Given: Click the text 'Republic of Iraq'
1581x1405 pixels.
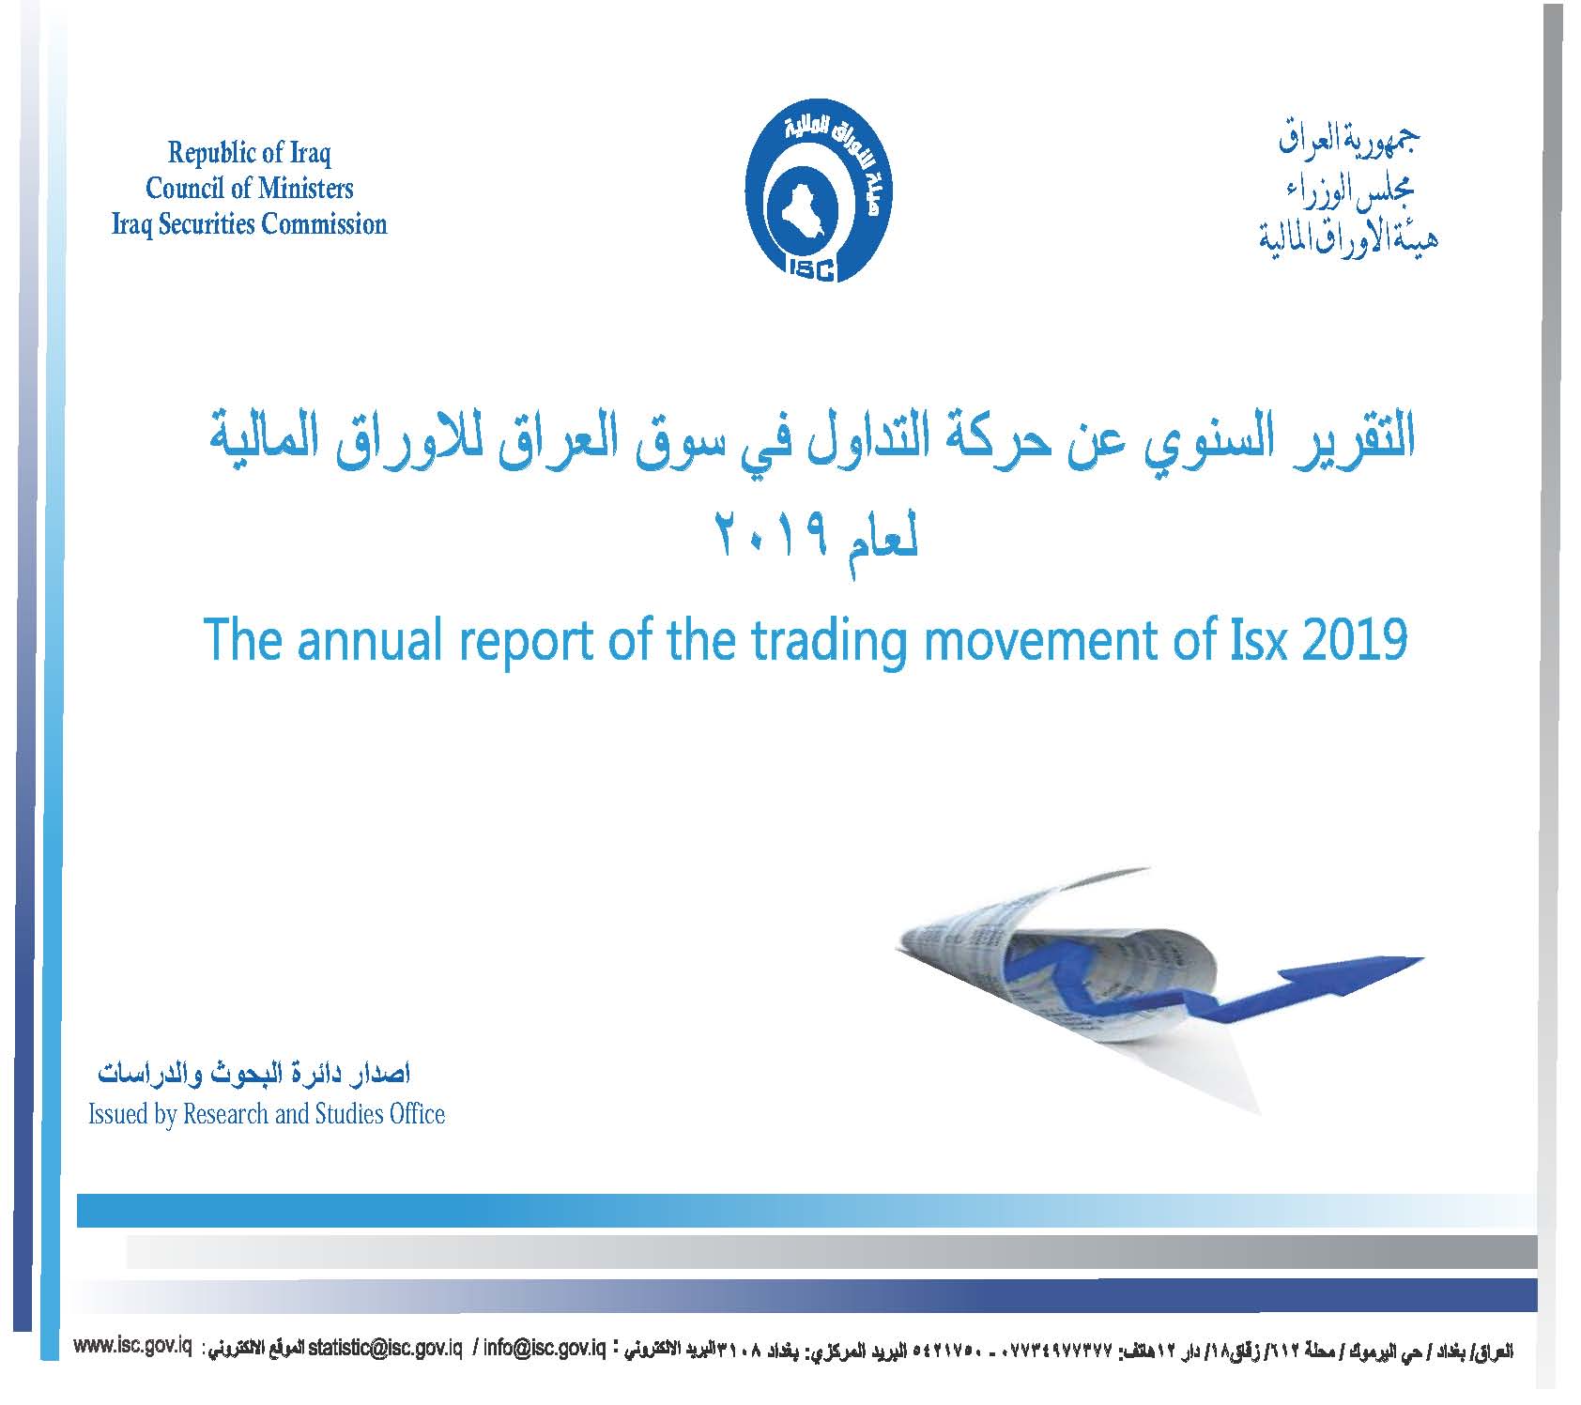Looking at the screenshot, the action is (250, 152).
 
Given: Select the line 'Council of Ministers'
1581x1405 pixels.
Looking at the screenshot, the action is (250, 188).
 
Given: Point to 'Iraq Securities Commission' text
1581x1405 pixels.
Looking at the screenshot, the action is (250, 224).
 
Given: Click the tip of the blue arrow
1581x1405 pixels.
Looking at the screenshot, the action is (1423, 959).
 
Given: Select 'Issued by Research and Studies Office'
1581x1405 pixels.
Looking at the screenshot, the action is (267, 1114).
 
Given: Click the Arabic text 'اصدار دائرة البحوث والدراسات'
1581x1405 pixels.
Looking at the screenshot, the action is (254, 1073).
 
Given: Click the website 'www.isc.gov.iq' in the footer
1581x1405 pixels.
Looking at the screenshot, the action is (132, 1347).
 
